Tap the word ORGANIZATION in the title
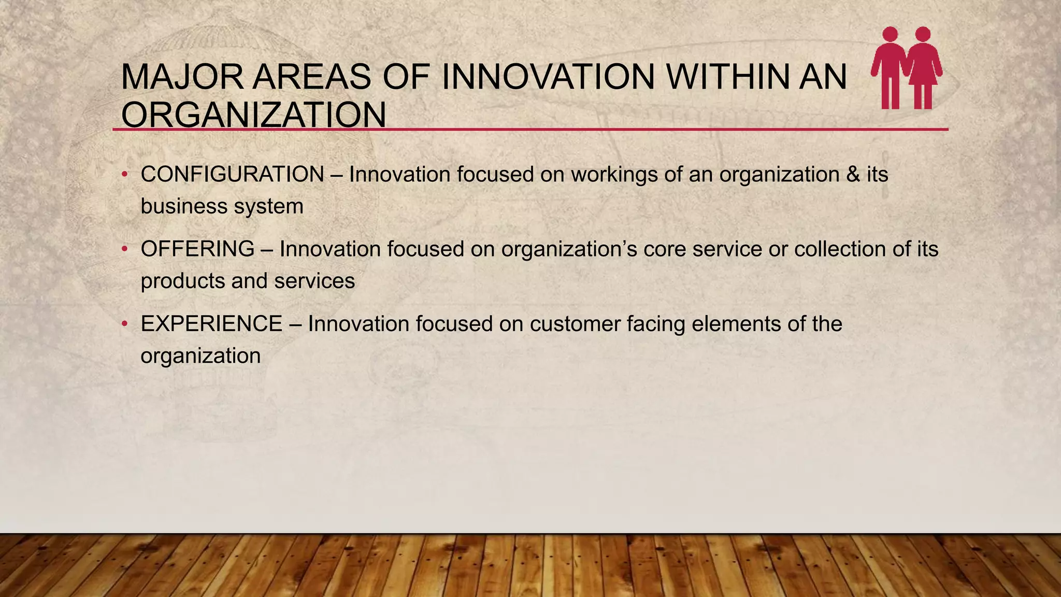pyautogui.click(x=253, y=115)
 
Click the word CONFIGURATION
pyautogui.click(x=232, y=175)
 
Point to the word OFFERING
pyautogui.click(x=197, y=249)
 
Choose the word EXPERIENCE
pyautogui.click(x=211, y=324)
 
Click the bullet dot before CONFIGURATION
pyautogui.click(x=124, y=175)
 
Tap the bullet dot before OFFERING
pyautogui.click(x=124, y=250)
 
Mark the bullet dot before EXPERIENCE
pyautogui.click(x=124, y=324)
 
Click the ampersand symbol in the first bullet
pyautogui.click(x=853, y=175)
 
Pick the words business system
pyautogui.click(x=222, y=207)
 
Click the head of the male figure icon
pyautogui.click(x=890, y=34)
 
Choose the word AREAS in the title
pyautogui.click(x=312, y=77)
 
